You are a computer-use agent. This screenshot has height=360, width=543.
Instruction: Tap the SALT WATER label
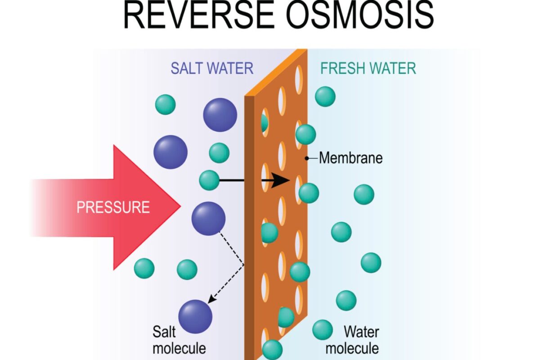tap(212, 68)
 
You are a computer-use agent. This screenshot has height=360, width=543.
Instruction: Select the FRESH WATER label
tap(368, 68)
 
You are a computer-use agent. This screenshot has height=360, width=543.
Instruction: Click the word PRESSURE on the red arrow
tap(113, 207)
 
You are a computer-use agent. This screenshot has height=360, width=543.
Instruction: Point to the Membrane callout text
tap(350, 158)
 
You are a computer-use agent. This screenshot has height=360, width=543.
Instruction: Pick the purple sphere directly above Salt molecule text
tap(195, 316)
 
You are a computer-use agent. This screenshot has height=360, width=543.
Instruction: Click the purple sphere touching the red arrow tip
tap(208, 219)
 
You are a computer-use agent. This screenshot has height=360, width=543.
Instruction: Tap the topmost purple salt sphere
tap(220, 115)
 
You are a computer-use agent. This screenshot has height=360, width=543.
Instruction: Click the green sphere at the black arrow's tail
tap(209, 180)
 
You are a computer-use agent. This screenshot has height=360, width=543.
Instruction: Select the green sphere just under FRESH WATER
tap(325, 96)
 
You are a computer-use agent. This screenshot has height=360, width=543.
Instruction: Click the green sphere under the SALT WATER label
tap(166, 104)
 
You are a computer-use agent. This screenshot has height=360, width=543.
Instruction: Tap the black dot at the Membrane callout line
tap(307, 158)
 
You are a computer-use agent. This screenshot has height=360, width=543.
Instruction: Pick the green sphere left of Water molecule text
tap(322, 330)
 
